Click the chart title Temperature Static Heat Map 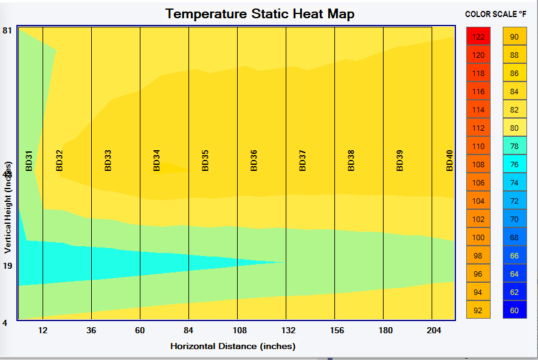pos(260,13)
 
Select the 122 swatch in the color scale pos(478,36)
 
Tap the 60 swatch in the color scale pos(514,310)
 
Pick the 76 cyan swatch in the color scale pos(514,164)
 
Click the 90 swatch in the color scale pos(514,36)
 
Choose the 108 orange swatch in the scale pos(478,164)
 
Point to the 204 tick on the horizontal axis pos(434,330)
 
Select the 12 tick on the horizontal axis pos(43,330)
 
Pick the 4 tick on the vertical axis pos(5,323)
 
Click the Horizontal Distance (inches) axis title pos(232,346)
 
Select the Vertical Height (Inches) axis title pos(8,207)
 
